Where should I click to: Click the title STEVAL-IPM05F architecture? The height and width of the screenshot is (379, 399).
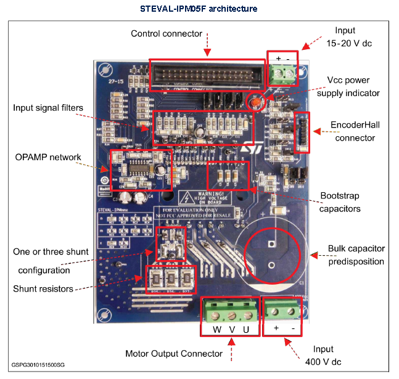pos(199,9)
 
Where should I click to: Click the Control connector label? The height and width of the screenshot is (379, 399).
pos(167,33)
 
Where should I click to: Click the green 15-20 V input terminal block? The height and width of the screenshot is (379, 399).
pos(282,75)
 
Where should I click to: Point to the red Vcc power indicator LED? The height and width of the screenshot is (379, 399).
pos(253,101)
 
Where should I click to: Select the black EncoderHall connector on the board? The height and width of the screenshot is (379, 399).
pos(303,131)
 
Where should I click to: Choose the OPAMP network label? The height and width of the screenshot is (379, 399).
pos(47,157)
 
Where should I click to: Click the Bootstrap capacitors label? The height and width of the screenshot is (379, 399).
pos(340,202)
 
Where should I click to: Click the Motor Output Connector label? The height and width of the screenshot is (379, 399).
pos(173,353)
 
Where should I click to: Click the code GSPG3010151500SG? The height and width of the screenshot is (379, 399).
pos(38,365)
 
